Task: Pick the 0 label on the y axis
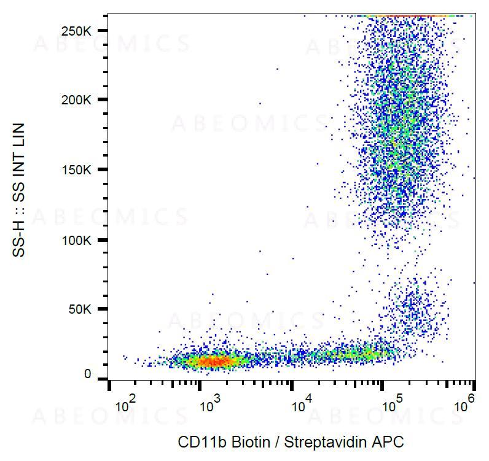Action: [88, 374]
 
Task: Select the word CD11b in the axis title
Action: [197, 442]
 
